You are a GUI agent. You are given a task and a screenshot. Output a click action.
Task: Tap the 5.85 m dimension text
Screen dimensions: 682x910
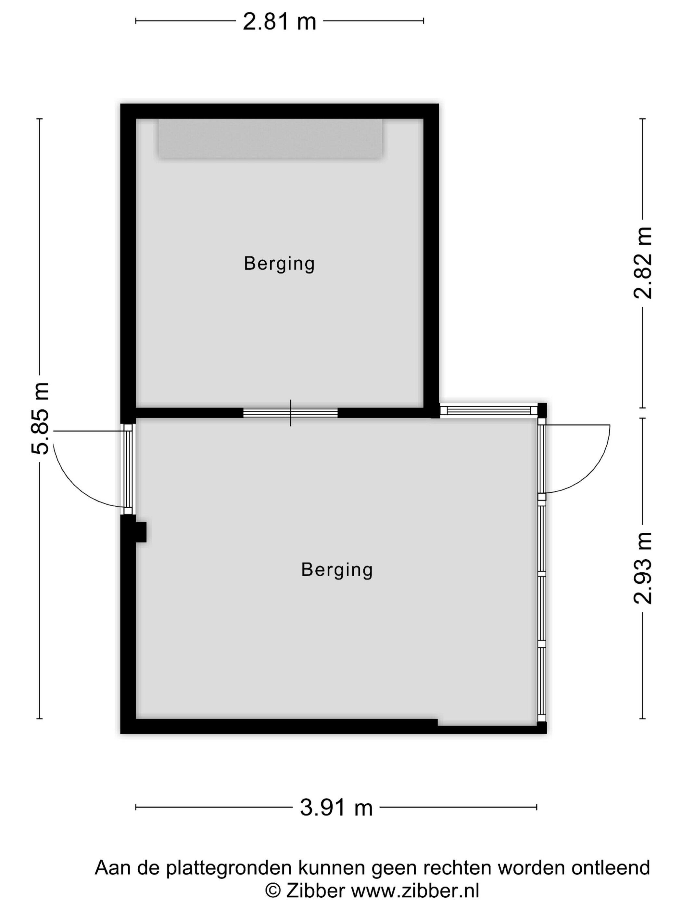pos(40,418)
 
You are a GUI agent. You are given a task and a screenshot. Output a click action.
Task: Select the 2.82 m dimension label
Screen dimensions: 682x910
pos(642,263)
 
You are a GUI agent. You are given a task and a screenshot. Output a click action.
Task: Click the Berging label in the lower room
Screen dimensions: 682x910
pos(337,570)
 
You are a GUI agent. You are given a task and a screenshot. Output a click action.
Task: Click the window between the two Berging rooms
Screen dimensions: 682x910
pos(290,413)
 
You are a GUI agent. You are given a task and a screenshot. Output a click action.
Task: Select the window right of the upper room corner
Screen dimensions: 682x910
pos(488,410)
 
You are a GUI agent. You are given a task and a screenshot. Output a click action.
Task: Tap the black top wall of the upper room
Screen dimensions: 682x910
pos(280,111)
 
